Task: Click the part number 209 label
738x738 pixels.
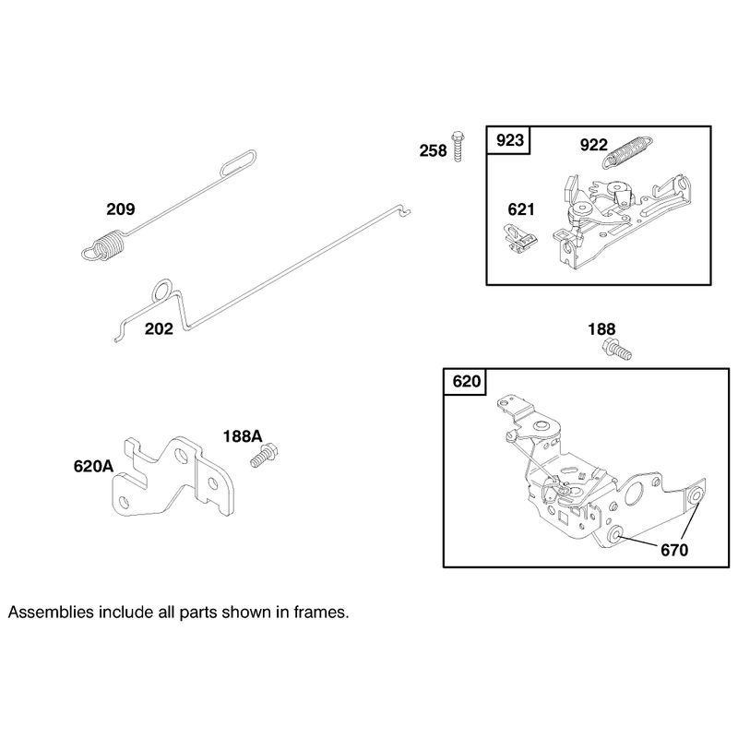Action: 121,209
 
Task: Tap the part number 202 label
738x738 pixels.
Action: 159,328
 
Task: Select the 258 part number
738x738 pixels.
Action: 433,150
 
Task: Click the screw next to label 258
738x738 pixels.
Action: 458,147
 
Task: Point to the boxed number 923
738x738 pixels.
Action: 510,140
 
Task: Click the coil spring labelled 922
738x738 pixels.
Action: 628,151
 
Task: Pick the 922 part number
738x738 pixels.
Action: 593,145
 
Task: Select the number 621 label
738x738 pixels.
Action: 521,209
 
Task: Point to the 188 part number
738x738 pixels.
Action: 601,329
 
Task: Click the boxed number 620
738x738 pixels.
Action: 467,381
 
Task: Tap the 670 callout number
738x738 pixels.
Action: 674,550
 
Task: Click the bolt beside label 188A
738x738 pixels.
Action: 264,455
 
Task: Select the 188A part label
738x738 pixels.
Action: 243,436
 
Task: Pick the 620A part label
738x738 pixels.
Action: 93,467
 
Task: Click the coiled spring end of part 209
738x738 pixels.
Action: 104,244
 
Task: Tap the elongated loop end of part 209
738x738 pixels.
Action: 239,162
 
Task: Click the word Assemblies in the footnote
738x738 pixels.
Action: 52,613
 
